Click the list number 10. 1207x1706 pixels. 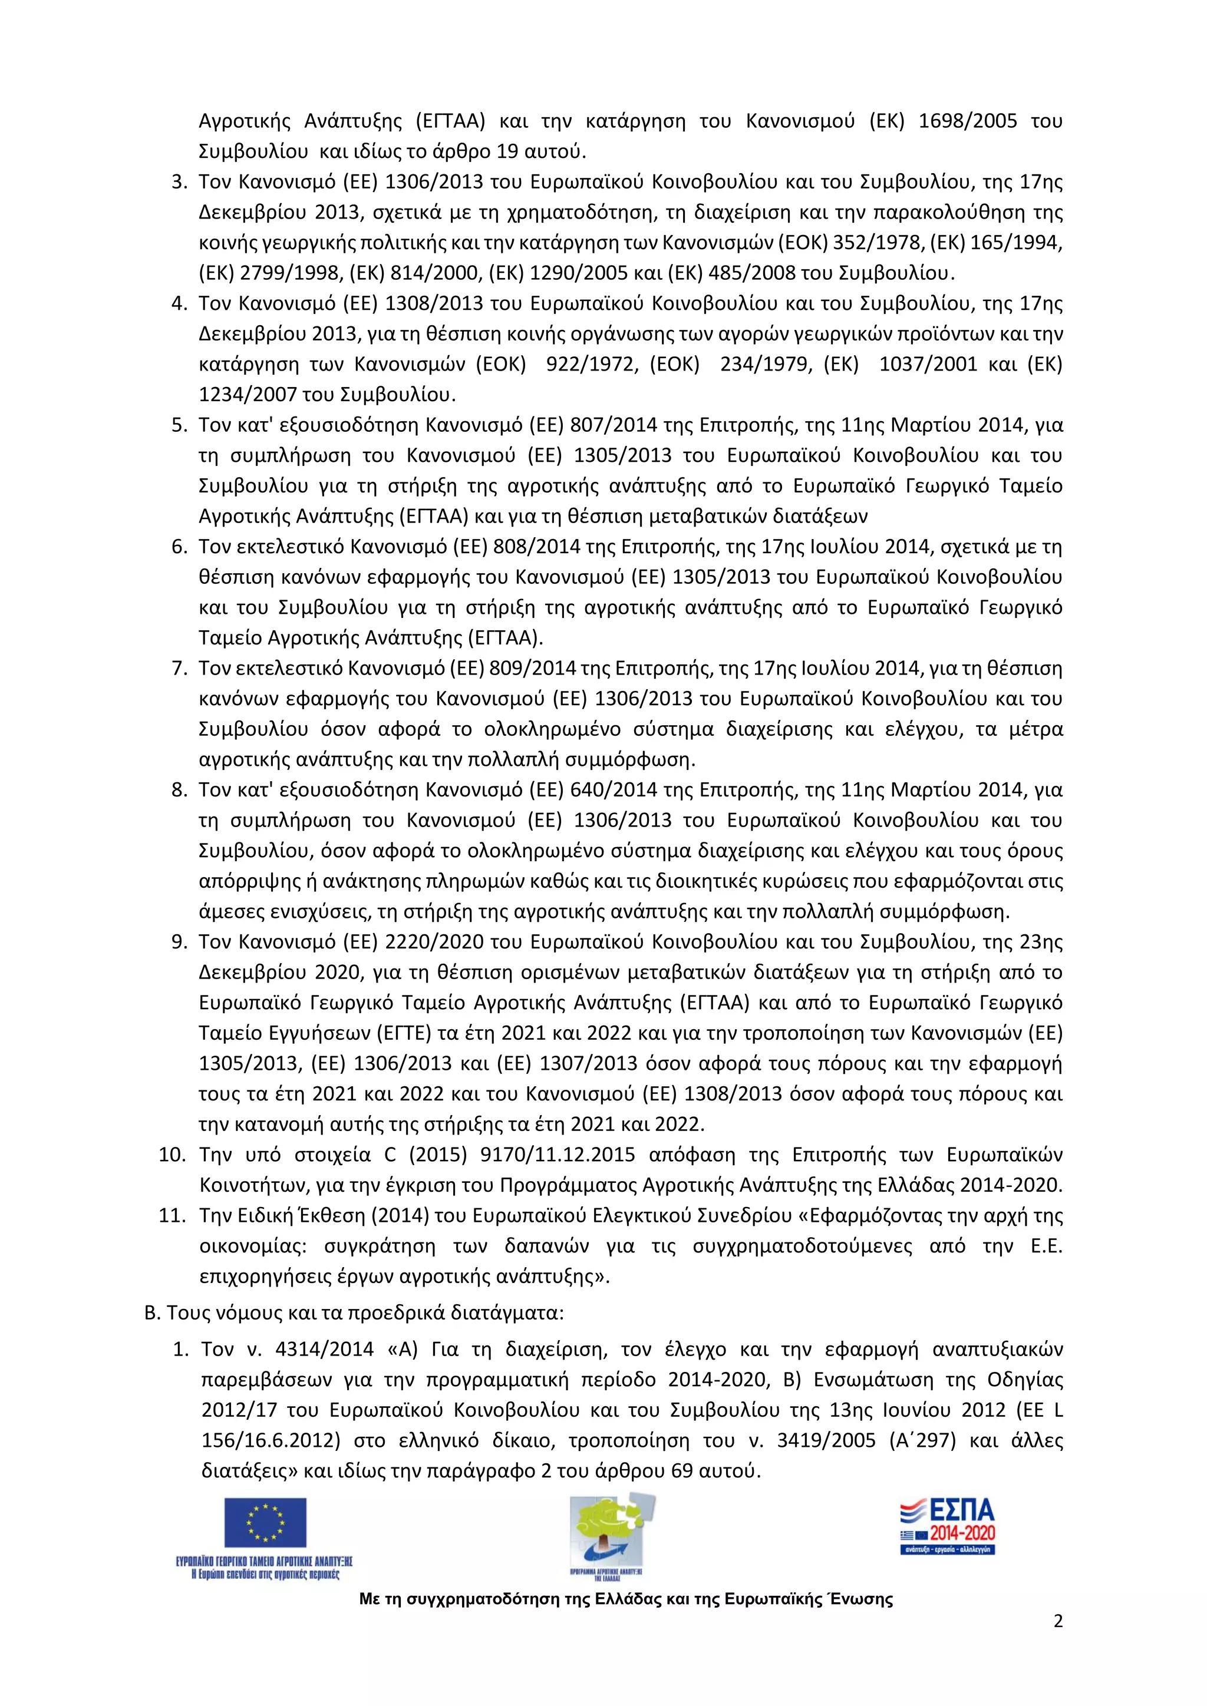[172, 1155]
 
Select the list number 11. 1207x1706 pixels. [172, 1216]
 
